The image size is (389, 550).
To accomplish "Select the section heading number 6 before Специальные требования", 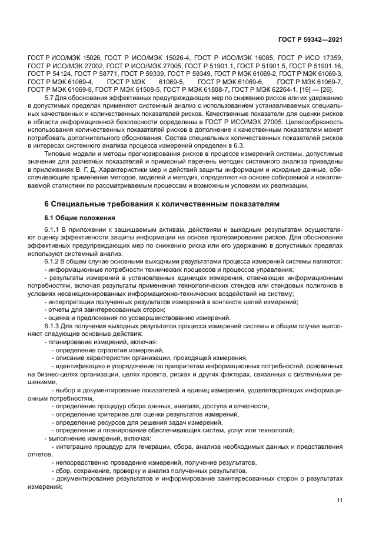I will pos(47,203).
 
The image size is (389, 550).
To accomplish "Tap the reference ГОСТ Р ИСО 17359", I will pos(314,58).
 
